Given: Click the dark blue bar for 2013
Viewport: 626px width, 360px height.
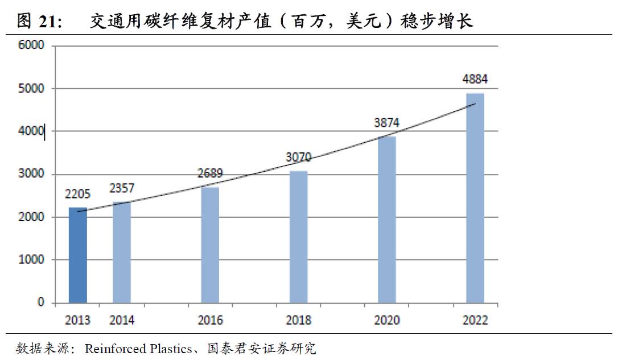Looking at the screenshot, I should [78, 255].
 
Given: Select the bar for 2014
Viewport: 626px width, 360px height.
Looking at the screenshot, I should [122, 252].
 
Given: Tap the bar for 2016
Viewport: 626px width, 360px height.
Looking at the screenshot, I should [210, 245].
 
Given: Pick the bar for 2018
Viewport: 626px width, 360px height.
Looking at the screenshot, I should [298, 237].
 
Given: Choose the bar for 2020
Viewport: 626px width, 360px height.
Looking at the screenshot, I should [387, 220].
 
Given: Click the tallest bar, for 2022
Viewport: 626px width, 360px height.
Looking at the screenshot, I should [475, 198].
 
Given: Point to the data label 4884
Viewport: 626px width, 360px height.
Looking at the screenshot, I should [475, 79].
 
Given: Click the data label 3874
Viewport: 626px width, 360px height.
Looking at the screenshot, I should [387, 122].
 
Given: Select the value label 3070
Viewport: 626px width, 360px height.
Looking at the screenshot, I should [298, 157].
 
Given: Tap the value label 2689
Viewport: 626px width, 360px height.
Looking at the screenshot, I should [210, 173].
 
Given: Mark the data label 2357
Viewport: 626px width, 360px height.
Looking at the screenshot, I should [122, 188].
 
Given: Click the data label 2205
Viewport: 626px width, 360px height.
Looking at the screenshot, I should [78, 195].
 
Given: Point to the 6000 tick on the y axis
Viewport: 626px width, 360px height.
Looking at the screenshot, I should [32, 46].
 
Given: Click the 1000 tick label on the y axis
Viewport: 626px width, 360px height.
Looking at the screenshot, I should [33, 260].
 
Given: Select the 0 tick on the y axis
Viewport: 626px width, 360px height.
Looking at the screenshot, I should [41, 303].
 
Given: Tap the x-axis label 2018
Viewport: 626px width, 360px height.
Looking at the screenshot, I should [298, 320].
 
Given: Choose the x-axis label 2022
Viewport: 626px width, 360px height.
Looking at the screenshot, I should [475, 320].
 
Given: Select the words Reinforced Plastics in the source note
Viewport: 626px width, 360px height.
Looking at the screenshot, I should [138, 348].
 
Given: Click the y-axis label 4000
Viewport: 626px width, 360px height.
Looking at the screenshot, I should [32, 131].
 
